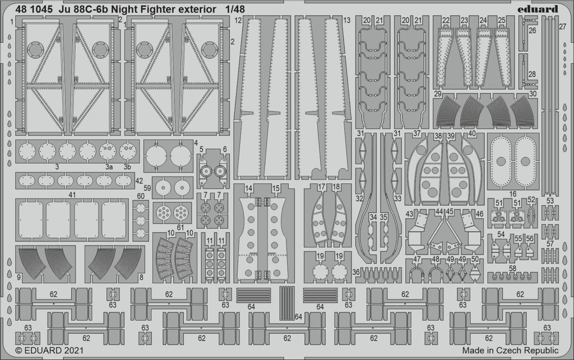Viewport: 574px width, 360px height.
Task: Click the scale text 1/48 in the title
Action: point(234,9)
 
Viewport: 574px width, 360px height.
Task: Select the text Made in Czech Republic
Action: point(510,350)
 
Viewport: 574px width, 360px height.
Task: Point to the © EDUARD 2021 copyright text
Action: point(49,350)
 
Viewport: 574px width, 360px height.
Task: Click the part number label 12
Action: point(238,21)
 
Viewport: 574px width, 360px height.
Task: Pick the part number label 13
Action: point(346,20)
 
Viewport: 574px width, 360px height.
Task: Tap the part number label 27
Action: point(563,26)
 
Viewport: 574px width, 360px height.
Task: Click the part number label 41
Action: point(72,195)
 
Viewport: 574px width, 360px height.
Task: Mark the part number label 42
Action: point(139,181)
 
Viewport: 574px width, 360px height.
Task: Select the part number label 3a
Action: point(109,167)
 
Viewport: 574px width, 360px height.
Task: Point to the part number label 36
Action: point(356,272)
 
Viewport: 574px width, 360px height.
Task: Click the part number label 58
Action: point(512,269)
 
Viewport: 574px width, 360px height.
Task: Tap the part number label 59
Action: point(147,188)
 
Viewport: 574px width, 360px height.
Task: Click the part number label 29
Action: point(438,94)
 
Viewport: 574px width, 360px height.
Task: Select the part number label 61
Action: point(180,228)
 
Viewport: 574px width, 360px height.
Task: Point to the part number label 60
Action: point(141,196)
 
